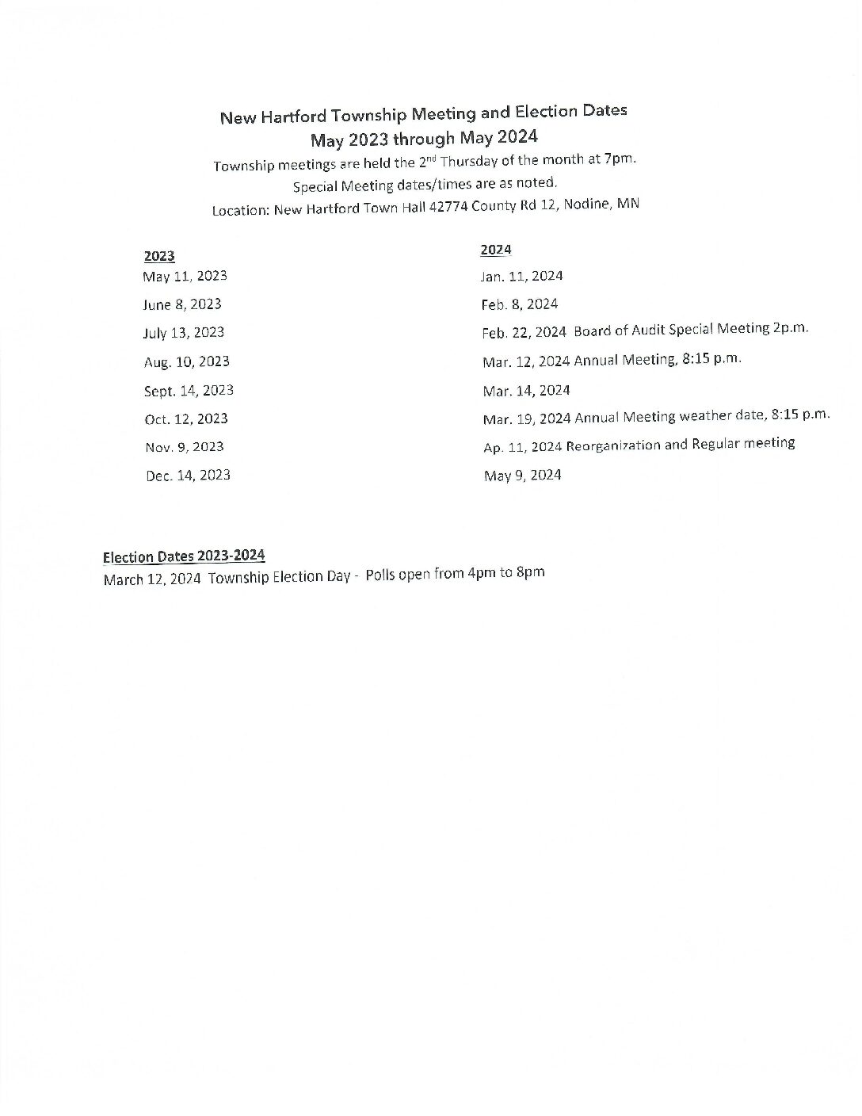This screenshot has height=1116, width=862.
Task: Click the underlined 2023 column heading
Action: pos(159,256)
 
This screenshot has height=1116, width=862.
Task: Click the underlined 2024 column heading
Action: pos(496,250)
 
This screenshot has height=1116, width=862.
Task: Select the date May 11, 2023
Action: pos(185,277)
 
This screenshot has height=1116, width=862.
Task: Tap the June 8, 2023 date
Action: pos(182,304)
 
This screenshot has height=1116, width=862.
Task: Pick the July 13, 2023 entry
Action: pos(183,333)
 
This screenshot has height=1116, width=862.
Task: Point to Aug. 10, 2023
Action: pos(187,362)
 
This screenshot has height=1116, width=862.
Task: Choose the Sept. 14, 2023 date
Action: pos(189,391)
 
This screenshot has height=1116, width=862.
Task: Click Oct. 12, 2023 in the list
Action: pos(186,419)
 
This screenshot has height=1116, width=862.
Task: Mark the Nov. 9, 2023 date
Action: pos(185,447)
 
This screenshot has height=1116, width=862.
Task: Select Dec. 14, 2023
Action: pos(188,476)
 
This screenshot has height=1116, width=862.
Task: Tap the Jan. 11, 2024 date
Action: pos(521,277)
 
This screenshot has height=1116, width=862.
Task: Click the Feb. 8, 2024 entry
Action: pos(519,304)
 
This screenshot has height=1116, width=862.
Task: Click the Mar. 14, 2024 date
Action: pos(526,391)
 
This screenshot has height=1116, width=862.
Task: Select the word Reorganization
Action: pos(614,445)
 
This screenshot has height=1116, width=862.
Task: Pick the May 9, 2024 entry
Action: pos(522,476)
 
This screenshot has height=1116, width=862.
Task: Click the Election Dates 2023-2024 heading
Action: pos(184,556)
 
